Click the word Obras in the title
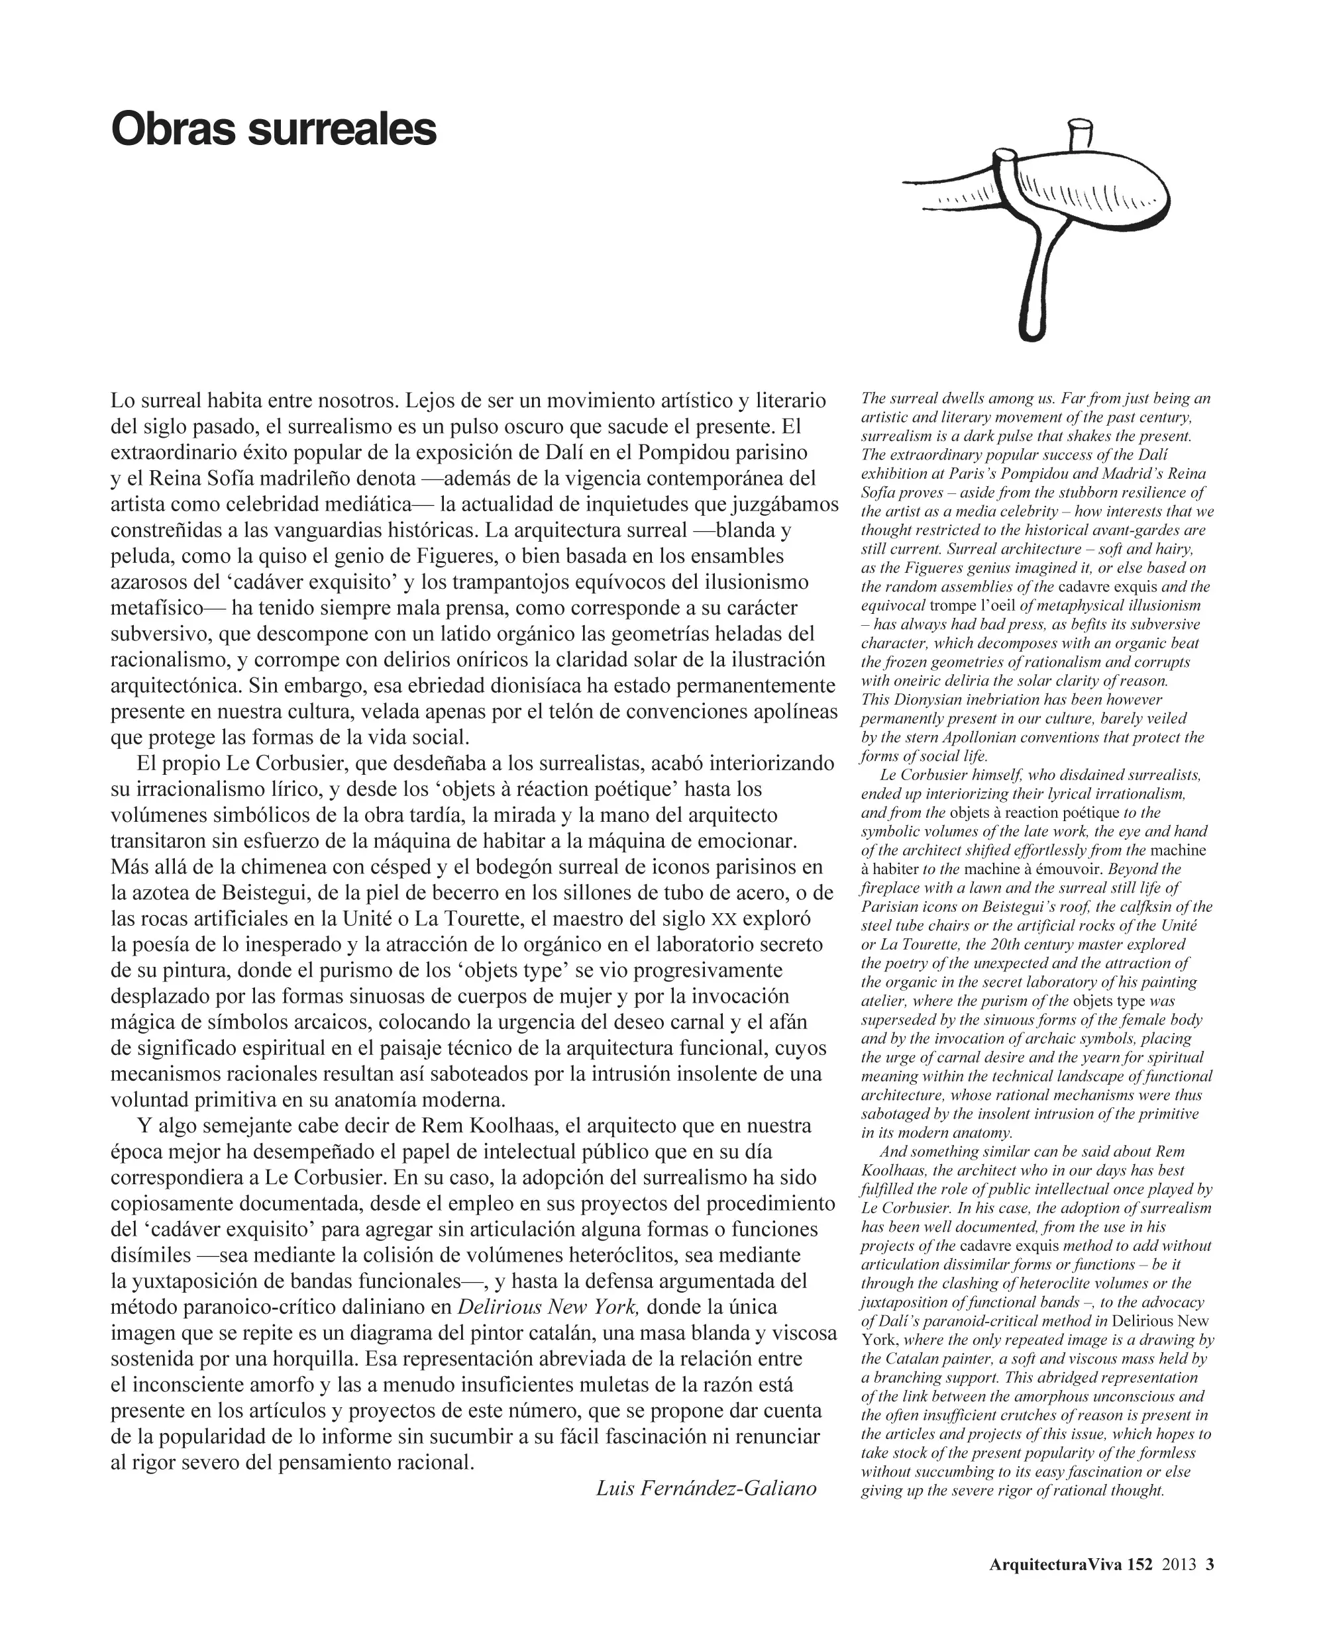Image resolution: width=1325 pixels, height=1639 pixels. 175,130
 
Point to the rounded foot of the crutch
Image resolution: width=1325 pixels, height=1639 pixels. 1031,330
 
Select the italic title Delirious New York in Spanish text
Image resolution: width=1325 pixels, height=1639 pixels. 547,1307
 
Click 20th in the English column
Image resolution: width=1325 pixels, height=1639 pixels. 1054,944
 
